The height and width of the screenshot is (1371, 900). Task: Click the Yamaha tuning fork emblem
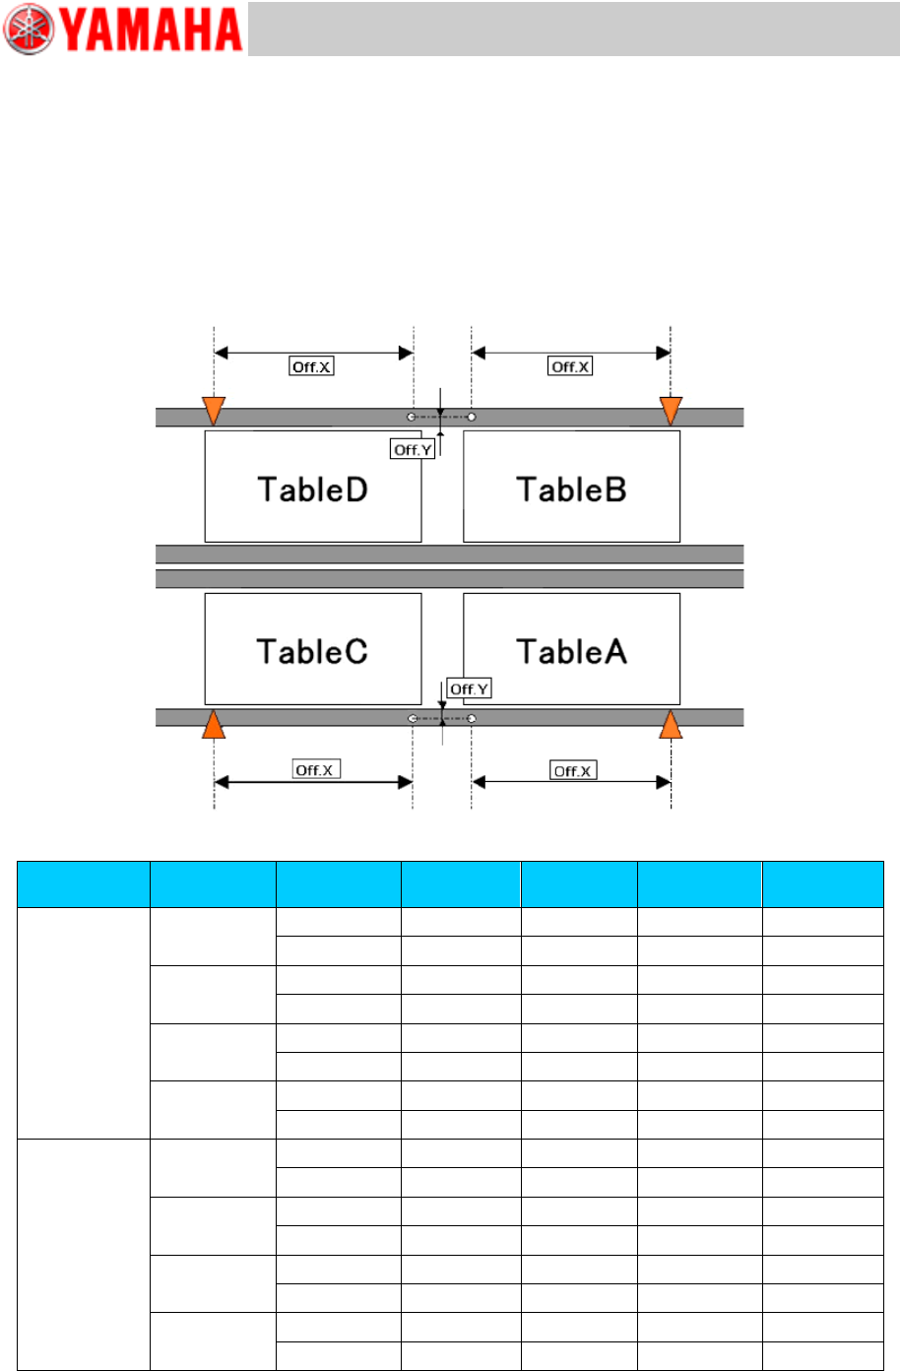point(29,30)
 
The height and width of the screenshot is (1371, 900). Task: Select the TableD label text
point(312,490)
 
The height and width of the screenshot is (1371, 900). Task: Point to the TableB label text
point(571,490)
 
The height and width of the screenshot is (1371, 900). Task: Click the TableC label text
point(312,651)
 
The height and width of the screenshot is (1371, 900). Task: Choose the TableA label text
point(571,651)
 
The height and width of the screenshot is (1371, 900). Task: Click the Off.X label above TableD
point(311,366)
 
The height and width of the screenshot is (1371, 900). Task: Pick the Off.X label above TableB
point(570,366)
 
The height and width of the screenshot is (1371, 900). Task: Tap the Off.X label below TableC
point(316,769)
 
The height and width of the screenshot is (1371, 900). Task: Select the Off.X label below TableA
point(573,770)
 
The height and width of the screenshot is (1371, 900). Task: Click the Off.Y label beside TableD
point(413,449)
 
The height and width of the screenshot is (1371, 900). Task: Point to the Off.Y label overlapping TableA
point(469,688)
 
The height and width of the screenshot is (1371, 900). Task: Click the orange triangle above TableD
point(214,410)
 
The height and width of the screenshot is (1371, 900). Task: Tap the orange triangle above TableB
point(671,410)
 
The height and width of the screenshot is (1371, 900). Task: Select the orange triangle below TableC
point(214,724)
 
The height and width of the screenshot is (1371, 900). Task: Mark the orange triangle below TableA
point(671,724)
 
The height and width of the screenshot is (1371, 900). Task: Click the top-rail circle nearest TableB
point(472,418)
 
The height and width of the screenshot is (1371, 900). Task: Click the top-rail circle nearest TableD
point(412,418)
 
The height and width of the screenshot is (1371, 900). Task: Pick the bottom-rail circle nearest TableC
point(412,719)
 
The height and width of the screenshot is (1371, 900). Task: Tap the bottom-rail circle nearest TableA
point(472,719)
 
